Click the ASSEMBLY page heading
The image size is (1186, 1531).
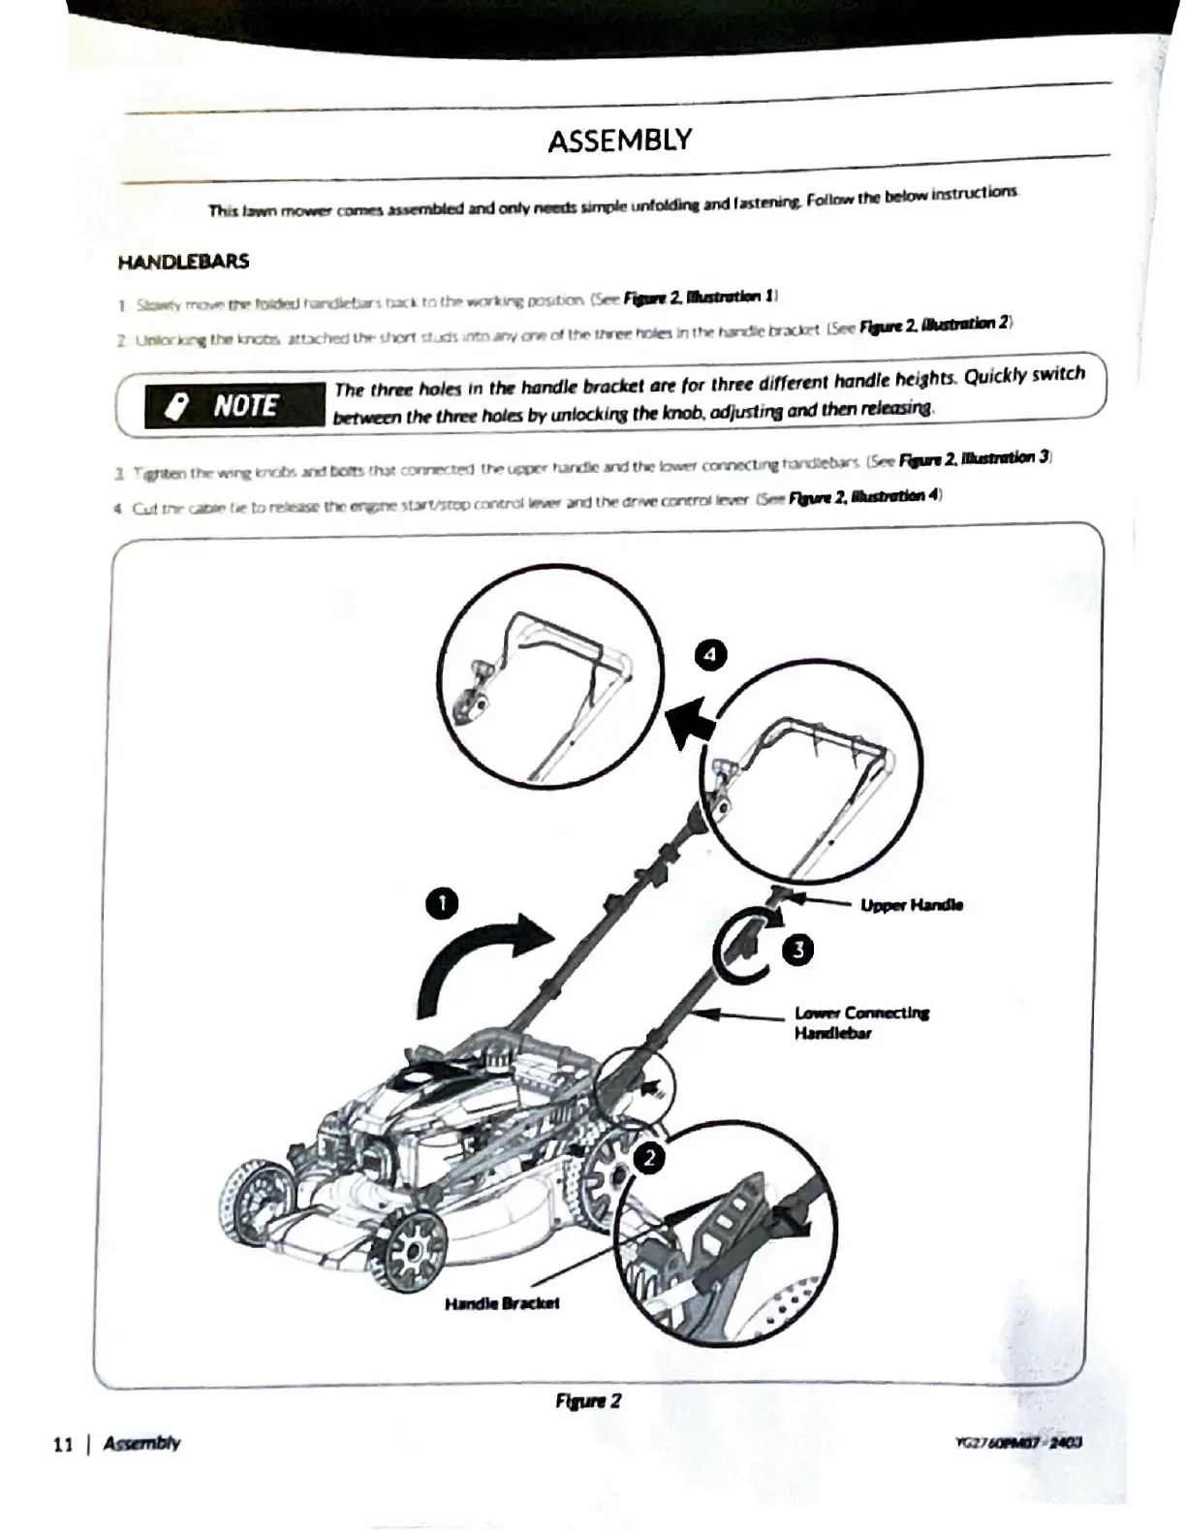coord(619,141)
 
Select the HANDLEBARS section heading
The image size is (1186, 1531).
coord(183,262)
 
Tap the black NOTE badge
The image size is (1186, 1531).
coord(234,405)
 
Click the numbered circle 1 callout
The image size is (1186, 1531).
coord(442,903)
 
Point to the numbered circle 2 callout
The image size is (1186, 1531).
coord(649,1157)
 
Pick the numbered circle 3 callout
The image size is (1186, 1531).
coord(797,949)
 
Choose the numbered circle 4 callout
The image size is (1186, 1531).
coord(711,655)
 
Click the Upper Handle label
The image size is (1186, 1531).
coord(912,905)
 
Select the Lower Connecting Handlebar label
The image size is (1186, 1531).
coord(861,1022)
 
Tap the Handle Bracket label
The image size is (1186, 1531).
coord(502,1303)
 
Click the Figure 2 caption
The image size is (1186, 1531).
coord(588,1400)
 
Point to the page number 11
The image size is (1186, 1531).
coord(63,1444)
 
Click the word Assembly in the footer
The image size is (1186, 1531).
coord(141,1443)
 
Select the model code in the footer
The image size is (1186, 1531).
coord(1017,1442)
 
